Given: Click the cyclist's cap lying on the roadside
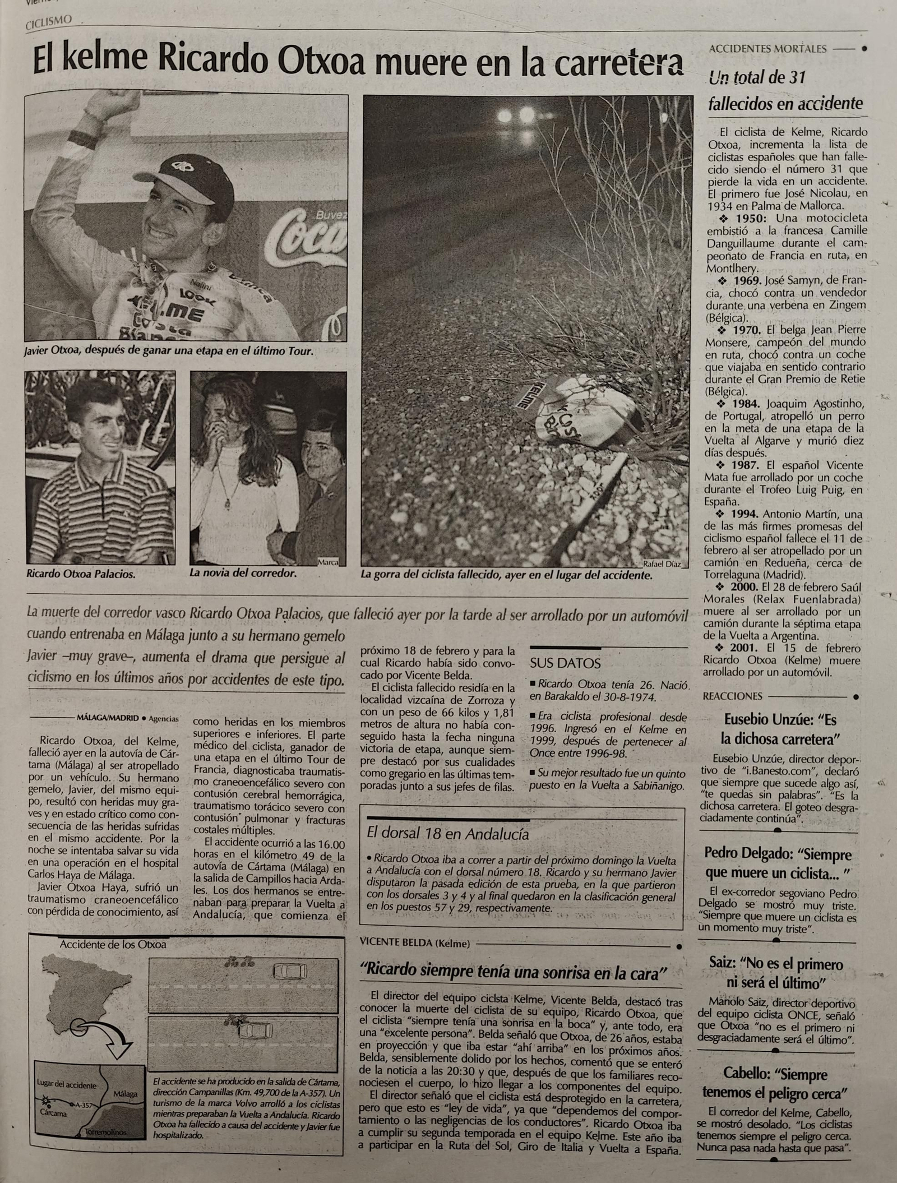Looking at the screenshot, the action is tap(583, 413).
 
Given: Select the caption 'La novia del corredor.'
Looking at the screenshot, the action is tap(243, 574).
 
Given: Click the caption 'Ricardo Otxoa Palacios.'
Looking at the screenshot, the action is tap(81, 574).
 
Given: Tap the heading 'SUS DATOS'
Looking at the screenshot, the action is tap(565, 663).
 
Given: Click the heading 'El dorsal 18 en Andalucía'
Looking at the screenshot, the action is tap(447, 833).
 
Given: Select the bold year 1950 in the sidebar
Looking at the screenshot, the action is tap(751, 218).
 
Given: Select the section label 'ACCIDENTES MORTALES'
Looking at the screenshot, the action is tap(767, 49).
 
